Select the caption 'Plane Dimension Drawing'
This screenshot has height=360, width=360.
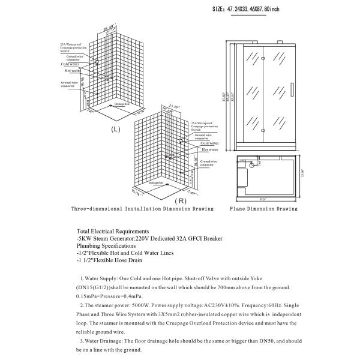click(x=263, y=209)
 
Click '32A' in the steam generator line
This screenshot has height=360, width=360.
click(x=183, y=238)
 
